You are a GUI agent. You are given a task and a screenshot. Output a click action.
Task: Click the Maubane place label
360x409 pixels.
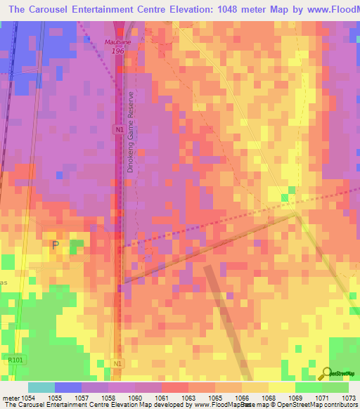point(118,42)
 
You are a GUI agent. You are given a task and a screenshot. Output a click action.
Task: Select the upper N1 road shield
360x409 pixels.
point(119,129)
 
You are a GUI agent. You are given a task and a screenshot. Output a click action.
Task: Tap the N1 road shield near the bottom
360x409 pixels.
point(118,363)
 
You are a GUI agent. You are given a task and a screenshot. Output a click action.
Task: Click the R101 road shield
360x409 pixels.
point(15,360)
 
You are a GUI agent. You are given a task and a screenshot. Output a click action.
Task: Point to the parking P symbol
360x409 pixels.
point(56,245)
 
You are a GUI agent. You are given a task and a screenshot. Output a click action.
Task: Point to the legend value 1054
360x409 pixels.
point(28,398)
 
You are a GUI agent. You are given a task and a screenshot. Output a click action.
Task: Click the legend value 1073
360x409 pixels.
point(349,398)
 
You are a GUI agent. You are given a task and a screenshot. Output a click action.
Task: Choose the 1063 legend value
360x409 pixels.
point(189,398)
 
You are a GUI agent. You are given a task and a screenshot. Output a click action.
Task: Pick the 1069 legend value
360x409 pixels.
point(296,398)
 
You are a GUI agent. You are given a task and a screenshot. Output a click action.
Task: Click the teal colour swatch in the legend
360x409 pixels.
point(41,387)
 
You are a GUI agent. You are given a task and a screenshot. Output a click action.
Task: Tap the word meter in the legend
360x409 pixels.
point(10,398)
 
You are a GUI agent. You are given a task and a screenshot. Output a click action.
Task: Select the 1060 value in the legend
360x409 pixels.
point(136,398)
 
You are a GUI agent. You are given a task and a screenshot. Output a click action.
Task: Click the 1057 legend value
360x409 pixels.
point(82,398)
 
